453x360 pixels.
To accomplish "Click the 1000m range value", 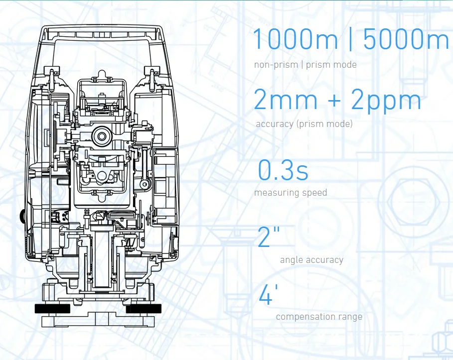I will tap(295, 39).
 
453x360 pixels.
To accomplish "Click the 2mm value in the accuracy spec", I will tap(286, 100).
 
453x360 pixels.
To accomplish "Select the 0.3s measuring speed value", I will tap(283, 170).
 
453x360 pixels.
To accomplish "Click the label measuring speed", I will tap(291, 193).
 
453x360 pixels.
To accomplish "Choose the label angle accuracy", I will tap(311, 260).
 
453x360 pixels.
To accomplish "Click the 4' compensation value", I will tap(266, 296).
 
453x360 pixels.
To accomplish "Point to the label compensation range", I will tap(319, 317).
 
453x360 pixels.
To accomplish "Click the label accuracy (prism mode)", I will tap(304, 124).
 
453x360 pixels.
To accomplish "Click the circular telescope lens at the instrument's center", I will tap(102, 136).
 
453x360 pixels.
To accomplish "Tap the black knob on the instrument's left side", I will tap(23, 216).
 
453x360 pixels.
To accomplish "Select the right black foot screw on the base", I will tap(144, 309).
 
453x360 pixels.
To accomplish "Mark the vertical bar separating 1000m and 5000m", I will tap(350, 39).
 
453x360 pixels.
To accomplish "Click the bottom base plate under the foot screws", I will tap(100, 319).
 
